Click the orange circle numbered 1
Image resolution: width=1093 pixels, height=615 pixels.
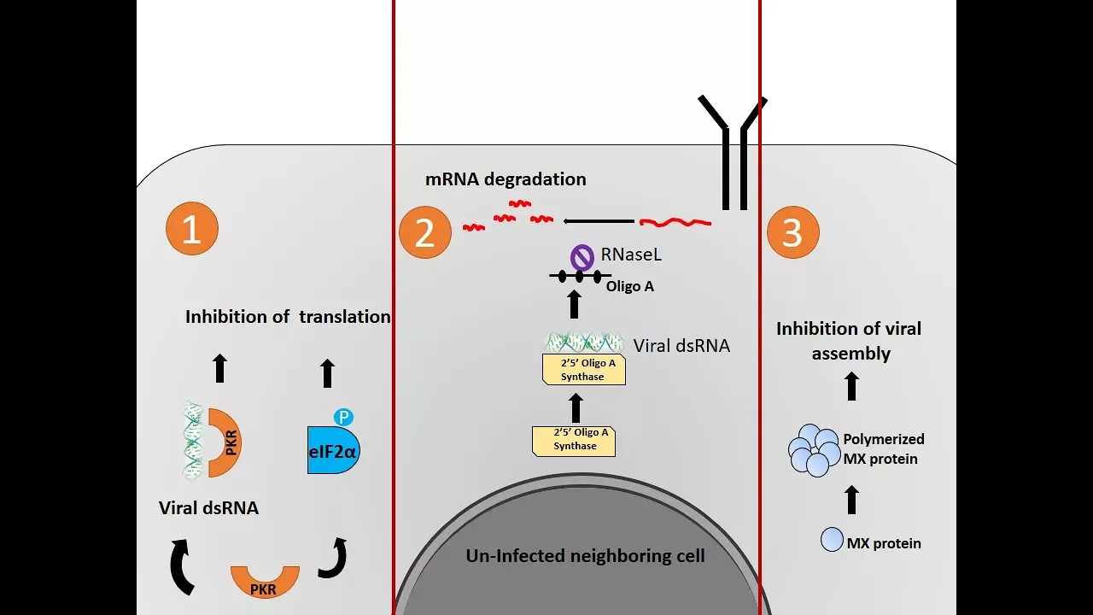tap(192, 228)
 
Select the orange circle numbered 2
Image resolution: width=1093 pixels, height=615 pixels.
tap(425, 232)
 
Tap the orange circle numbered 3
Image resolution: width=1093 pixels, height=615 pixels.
tap(793, 232)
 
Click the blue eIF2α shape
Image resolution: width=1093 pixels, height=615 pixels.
tap(333, 450)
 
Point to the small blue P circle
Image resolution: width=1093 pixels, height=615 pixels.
tap(343, 418)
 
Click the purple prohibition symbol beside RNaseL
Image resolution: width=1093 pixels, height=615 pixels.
tap(582, 257)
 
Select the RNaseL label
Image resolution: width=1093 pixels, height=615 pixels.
tap(631, 255)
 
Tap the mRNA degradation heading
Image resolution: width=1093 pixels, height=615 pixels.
tap(506, 179)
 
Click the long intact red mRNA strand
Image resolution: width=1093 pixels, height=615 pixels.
tap(675, 223)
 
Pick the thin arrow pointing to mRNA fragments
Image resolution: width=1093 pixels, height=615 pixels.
tap(599, 221)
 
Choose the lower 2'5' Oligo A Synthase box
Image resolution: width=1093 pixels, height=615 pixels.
tap(574, 442)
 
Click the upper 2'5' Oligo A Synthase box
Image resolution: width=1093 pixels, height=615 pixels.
tap(584, 370)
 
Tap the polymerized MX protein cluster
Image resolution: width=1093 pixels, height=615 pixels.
tap(814, 450)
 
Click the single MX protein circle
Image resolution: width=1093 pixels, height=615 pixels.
tap(832, 539)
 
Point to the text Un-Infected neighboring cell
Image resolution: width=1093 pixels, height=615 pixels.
tap(585, 555)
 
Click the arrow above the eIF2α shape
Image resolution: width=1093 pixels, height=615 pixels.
tap(327, 373)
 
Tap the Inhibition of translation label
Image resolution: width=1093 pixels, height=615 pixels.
tap(288, 317)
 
